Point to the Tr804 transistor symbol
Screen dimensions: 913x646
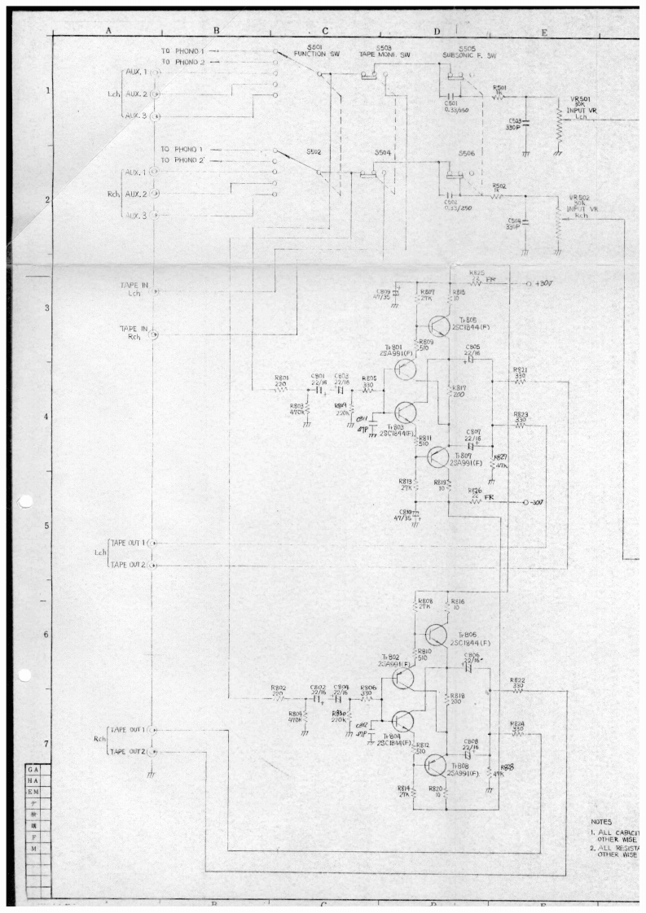pyautogui.click(x=404, y=719)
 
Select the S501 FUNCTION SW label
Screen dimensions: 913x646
pyautogui.click(x=310, y=52)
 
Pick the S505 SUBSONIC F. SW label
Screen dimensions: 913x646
pyautogui.click(x=468, y=52)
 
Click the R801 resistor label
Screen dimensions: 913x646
pyautogui.click(x=282, y=379)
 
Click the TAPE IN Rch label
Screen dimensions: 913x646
pyautogui.click(x=134, y=332)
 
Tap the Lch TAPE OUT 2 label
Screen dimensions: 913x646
pyautogui.click(x=129, y=565)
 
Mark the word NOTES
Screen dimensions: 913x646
pyautogui.click(x=603, y=823)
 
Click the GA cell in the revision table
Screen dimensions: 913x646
pyautogui.click(x=33, y=768)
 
